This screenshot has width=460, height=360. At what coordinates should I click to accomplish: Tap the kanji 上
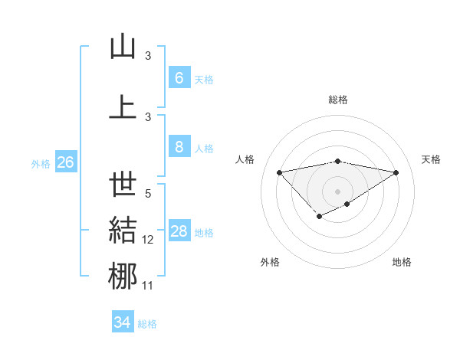123,106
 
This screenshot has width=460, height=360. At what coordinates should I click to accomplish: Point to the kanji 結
123,231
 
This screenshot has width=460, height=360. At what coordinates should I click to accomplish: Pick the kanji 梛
123,276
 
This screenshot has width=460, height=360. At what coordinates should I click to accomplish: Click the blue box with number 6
179,78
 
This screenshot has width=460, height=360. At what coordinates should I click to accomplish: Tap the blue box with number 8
179,147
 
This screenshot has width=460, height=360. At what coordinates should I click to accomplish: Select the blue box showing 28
179,231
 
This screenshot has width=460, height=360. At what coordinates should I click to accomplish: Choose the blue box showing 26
65,162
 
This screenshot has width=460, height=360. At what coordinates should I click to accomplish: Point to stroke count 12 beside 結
148,240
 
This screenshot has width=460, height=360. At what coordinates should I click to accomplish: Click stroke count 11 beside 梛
148,286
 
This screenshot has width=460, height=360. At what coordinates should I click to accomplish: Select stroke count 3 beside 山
148,56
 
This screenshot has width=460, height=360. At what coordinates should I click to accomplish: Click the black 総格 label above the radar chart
338,100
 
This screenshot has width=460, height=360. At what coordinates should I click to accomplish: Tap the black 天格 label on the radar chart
431,159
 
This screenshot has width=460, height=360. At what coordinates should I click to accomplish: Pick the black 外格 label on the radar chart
270,262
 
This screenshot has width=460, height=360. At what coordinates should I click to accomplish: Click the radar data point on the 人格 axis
279,172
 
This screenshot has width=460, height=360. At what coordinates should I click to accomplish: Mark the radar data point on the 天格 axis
396,172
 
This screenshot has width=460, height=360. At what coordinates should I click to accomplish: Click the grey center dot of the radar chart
337,191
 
